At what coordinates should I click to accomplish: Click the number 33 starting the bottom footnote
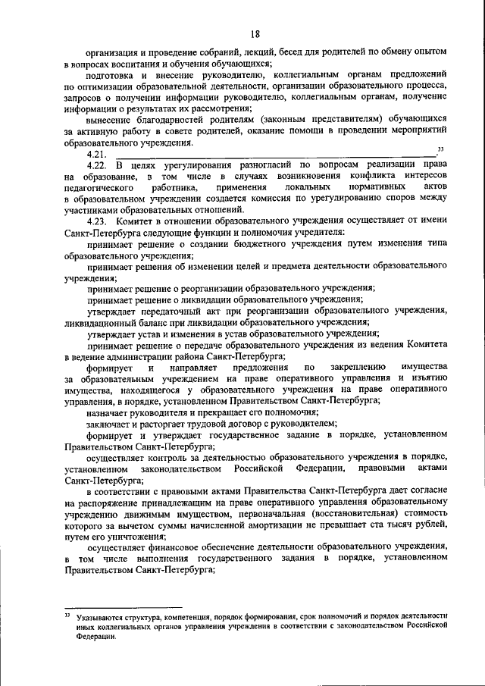[x=67, y=616]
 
